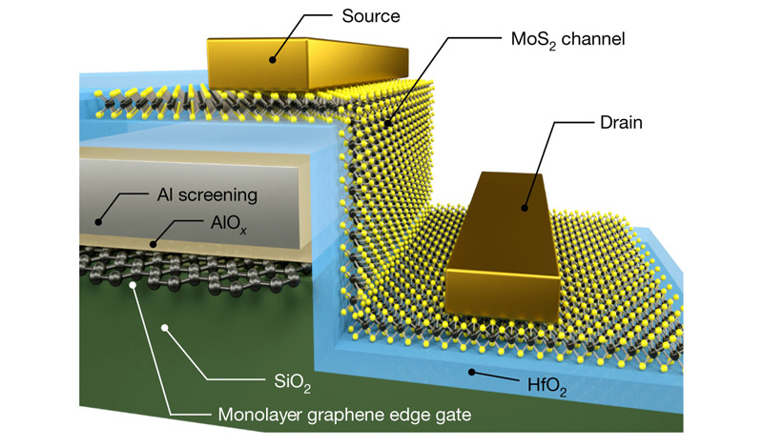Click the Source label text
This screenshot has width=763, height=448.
pyautogui.click(x=371, y=16)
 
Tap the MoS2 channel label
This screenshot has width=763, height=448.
pyautogui.click(x=567, y=39)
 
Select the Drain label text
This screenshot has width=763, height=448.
pyautogui.click(x=621, y=122)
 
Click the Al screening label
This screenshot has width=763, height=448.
pyautogui.click(x=207, y=195)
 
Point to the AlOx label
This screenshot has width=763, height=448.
pyautogui.click(x=229, y=223)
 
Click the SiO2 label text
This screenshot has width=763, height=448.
pyautogui.click(x=292, y=381)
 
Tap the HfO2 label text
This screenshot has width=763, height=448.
pyautogui.click(x=546, y=386)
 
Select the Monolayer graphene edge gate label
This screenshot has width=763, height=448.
pyautogui.click(x=344, y=415)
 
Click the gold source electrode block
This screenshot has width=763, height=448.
pyautogui.click(x=307, y=64)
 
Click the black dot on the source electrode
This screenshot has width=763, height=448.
pyautogui.click(x=273, y=60)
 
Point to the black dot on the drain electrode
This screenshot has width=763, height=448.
pyautogui.click(x=525, y=208)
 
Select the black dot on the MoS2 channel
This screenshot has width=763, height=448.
pyautogui.click(x=387, y=123)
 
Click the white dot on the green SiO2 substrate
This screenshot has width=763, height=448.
pyautogui.click(x=165, y=328)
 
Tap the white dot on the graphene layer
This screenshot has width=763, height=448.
pyautogui.click(x=132, y=285)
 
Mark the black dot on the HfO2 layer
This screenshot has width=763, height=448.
pyautogui.click(x=471, y=372)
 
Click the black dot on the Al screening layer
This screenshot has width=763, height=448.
pyautogui.click(x=98, y=222)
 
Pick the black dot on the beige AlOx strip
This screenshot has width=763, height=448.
pyautogui.click(x=153, y=244)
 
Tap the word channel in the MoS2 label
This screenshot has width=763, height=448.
pyautogui.click(x=593, y=38)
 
